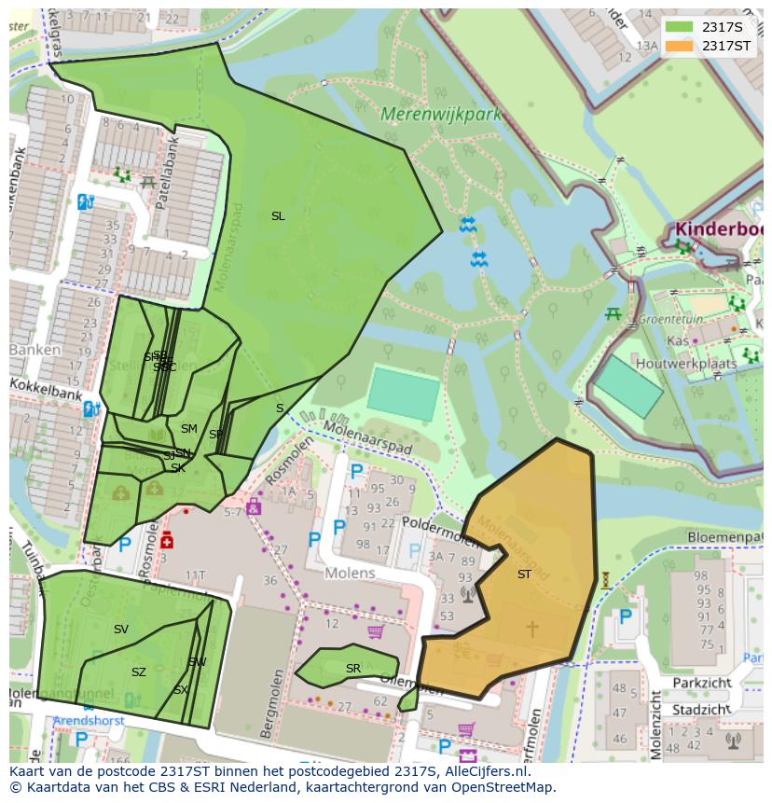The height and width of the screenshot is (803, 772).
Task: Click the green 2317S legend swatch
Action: coord(679,27)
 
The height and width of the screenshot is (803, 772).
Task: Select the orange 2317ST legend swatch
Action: coord(679,46)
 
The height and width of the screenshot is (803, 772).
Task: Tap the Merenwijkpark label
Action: coord(441,115)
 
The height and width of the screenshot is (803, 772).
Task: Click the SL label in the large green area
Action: coord(278,216)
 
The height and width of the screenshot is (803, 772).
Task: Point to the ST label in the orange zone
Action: coord(524,575)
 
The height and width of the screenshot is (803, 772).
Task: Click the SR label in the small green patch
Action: coord(352,669)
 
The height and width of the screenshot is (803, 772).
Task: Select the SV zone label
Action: coord(121,630)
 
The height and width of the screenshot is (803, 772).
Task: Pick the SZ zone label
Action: coord(139,672)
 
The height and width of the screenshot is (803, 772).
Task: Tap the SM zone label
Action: coord(189,429)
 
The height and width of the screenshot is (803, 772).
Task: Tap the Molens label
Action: coord(350,573)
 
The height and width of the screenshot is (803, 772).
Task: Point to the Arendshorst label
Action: coord(89,721)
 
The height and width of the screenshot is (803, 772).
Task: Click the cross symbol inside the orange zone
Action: coord(532,630)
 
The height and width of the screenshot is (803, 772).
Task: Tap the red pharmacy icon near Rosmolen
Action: coord(167,540)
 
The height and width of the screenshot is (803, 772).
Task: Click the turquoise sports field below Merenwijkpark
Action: coord(403,394)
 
